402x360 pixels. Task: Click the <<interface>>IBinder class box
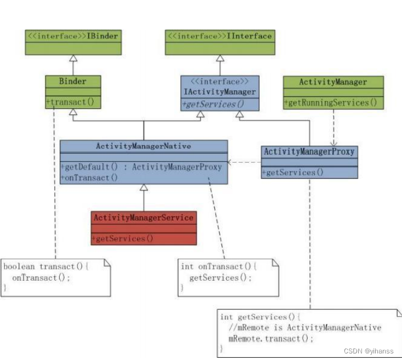coord(72,37)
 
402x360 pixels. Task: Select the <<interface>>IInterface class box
coord(219,37)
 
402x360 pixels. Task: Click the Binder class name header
coord(72,82)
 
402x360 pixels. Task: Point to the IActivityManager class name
coord(219,92)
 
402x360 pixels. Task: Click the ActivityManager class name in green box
coord(333,82)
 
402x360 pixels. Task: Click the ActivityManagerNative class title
coord(143,146)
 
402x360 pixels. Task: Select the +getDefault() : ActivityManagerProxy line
coord(142,167)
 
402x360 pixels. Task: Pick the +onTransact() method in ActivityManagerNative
coord(90,177)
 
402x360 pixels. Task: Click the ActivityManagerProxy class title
coord(309,152)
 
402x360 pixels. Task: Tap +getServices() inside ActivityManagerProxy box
coord(292,172)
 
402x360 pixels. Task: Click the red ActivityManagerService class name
coord(143,218)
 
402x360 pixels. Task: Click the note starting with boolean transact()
coord(55,277)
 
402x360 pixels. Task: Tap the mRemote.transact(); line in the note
coord(271,338)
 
